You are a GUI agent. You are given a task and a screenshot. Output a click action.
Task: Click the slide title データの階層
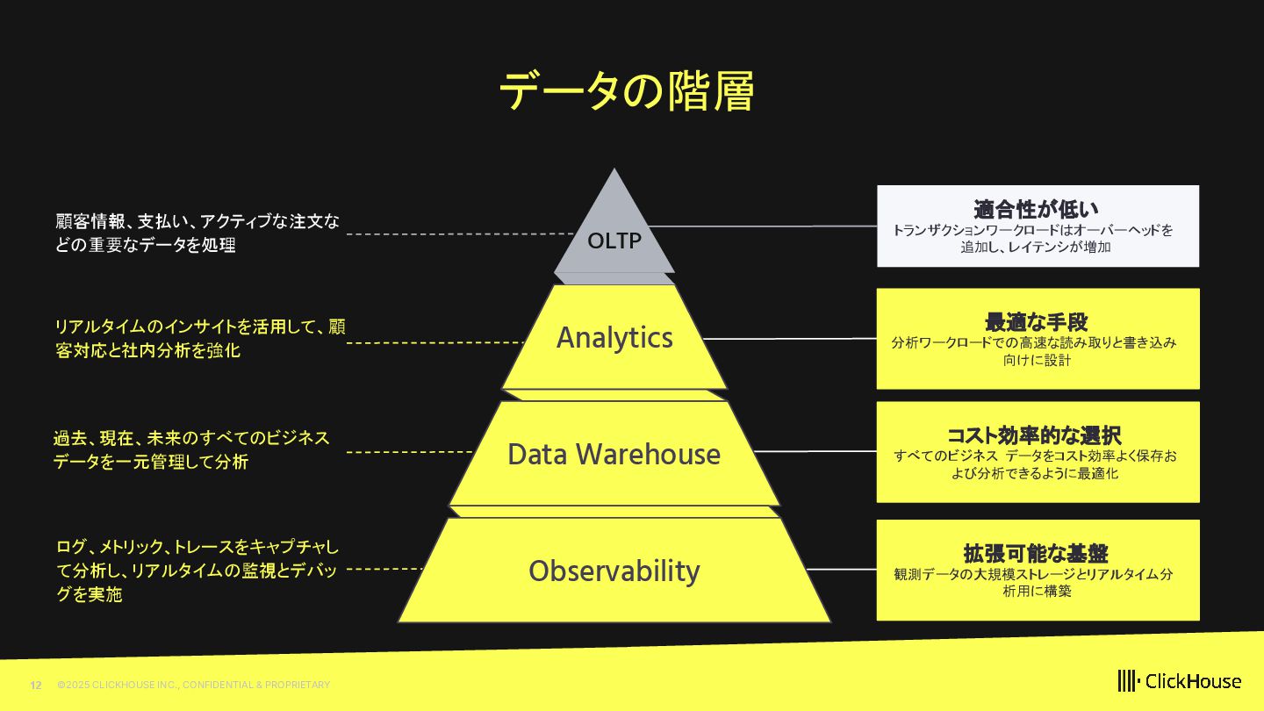point(626,91)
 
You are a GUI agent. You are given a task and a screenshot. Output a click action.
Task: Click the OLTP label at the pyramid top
point(614,241)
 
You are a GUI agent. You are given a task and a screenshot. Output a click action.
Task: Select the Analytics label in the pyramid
point(614,338)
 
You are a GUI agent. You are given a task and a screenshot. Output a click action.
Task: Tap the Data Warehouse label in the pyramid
point(614,455)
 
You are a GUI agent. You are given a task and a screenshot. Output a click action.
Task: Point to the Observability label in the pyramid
point(614,571)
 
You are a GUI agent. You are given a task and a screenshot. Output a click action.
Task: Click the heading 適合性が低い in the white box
point(1036,209)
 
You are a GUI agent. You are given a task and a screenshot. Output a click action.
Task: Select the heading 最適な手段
point(1036,321)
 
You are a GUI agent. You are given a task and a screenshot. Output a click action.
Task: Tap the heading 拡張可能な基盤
point(1036,553)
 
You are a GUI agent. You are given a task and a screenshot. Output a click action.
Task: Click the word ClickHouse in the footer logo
point(1193,681)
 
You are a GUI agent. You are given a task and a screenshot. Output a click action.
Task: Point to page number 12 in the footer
point(36,685)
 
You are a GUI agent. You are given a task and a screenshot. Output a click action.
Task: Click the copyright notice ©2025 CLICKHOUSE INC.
point(193,685)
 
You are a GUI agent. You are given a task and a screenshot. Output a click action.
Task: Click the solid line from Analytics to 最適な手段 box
point(790,338)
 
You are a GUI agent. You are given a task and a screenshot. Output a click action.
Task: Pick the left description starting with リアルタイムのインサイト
point(199,339)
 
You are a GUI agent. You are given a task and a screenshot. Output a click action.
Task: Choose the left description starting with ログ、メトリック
point(197,571)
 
